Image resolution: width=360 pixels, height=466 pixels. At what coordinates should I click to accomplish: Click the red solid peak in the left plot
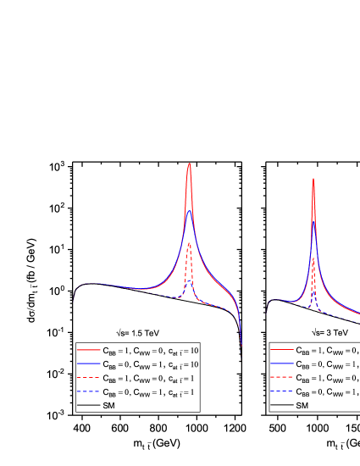(189, 164)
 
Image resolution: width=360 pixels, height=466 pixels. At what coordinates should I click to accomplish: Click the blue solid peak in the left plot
(190, 212)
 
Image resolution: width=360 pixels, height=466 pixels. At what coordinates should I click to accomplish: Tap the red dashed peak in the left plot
(190, 244)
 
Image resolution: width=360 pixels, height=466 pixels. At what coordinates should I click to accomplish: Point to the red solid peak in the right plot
(313, 179)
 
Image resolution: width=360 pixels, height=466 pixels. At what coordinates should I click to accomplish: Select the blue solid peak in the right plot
(313, 227)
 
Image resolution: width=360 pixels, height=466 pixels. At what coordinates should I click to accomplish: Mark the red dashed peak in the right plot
(313, 259)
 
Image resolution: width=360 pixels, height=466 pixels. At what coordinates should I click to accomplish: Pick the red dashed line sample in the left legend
(88, 378)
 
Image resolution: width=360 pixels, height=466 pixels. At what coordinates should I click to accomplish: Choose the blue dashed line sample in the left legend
(88, 392)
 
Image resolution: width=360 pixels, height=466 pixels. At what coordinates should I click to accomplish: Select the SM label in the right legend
(302, 406)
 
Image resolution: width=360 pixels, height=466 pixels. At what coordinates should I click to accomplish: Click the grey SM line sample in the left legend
(88, 406)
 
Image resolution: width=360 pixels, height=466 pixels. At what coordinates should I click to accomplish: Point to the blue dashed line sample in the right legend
(281, 392)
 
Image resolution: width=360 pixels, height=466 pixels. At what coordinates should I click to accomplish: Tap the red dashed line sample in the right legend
(281, 378)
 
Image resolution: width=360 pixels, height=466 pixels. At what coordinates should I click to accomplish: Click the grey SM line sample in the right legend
(281, 406)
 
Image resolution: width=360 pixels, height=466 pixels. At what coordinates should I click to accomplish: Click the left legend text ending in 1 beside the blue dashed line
(149, 392)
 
